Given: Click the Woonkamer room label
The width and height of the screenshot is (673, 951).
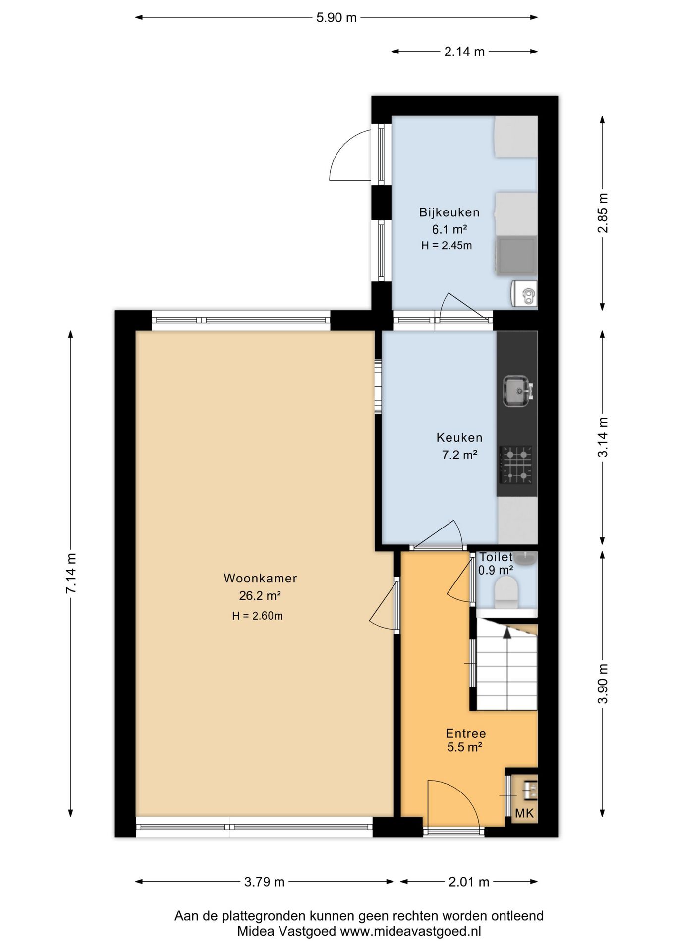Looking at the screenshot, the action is pos(260,578).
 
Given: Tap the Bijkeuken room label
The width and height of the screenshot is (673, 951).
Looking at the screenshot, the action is pos(449,212).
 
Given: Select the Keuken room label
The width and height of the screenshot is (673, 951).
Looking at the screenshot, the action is pos(459,438).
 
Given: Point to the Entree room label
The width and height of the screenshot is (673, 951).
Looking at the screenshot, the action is pos(466,733).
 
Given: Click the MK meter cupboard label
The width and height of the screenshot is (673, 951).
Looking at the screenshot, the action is pos(524,813).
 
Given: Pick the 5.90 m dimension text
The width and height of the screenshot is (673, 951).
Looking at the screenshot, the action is pos(336,18).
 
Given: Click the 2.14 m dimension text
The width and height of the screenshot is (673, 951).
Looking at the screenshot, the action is pos(464,52).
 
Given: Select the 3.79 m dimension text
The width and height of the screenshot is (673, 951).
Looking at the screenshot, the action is pos(265,882).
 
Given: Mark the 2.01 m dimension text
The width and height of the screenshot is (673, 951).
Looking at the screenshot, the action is pos(469,882).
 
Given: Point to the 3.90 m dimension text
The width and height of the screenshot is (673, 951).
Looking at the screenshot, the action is pos(603,684).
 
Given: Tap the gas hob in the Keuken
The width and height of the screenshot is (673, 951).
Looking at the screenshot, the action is pos(517,465).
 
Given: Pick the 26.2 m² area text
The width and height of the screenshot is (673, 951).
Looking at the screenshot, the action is pos(260,596).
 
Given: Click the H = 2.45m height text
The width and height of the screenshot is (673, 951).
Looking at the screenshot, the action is pos(447,245).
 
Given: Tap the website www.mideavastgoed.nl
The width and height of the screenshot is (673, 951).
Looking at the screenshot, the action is pos(410,931).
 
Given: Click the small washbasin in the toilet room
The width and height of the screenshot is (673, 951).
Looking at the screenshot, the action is pos(524,559).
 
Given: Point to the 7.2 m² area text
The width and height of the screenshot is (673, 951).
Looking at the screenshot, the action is pos(459,455).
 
